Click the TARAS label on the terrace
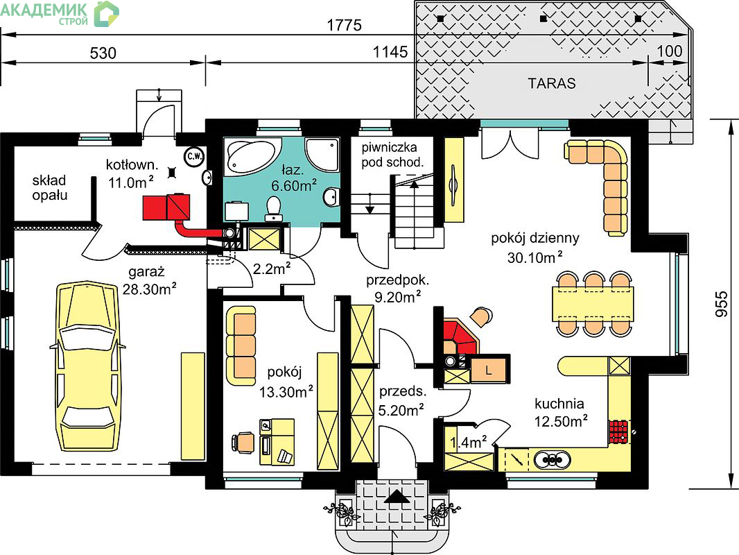click(x=551, y=83)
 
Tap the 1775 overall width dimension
click(x=345, y=25)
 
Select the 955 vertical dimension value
click(x=722, y=304)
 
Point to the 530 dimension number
click(x=103, y=53)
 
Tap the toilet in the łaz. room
click(x=273, y=208)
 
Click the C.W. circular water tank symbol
click(x=193, y=157)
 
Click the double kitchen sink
click(x=553, y=459)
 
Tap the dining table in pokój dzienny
click(x=593, y=304)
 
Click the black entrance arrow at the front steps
click(x=397, y=497)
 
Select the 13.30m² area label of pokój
click(x=286, y=391)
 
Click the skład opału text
click(x=49, y=188)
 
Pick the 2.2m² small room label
click(x=272, y=268)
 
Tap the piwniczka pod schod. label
click(x=392, y=155)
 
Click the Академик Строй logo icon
click(x=106, y=14)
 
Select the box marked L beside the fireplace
click(x=489, y=369)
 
